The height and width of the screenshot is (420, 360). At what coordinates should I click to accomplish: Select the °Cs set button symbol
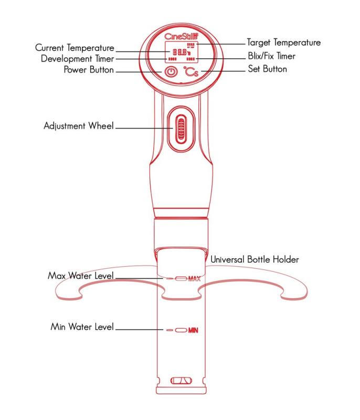coord(190,71)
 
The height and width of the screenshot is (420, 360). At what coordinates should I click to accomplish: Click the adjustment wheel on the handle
coord(180,128)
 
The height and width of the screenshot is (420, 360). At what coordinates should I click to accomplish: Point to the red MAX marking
coord(194,279)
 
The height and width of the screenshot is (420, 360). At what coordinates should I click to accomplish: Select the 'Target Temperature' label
coord(283,43)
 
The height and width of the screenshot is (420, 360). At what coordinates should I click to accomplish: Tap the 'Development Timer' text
coord(77,58)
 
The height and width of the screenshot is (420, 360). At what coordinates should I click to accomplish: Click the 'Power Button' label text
coord(89,70)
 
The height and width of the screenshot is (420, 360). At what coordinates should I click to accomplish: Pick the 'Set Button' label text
coord(267,69)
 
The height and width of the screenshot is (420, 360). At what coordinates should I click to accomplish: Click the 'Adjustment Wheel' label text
coord(79,127)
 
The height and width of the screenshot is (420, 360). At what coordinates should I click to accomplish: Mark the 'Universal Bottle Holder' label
coord(255,259)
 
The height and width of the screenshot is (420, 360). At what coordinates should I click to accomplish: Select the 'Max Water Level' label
coord(81,276)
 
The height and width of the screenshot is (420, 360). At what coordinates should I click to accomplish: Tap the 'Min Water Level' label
coord(82,327)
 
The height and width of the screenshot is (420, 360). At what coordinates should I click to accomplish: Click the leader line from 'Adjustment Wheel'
coord(142,127)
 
